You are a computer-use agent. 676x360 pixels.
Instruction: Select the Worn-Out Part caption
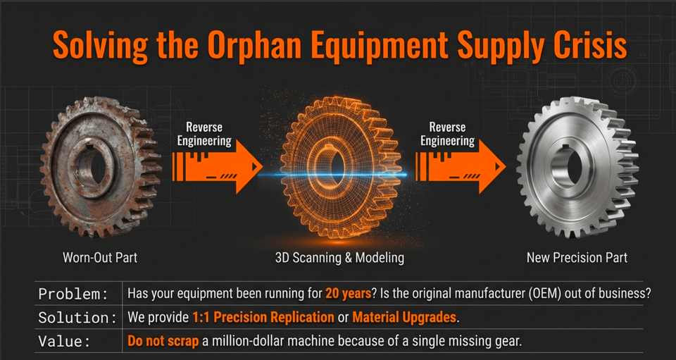[x=100, y=258]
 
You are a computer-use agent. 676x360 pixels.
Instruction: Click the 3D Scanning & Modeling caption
[x=339, y=258]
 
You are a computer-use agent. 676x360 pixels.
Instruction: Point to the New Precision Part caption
[x=577, y=258]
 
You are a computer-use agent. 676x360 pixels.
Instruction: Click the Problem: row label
[x=73, y=294]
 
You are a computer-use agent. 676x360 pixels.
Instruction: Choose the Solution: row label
[x=77, y=318]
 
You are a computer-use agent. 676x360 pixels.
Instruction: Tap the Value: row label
[x=65, y=342]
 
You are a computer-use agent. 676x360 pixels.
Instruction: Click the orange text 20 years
[x=349, y=294]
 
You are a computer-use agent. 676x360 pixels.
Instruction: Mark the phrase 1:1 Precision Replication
[x=263, y=318]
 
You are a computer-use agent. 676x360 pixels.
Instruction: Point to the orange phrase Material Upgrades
[x=404, y=318]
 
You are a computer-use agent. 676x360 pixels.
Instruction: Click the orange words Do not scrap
[x=163, y=342]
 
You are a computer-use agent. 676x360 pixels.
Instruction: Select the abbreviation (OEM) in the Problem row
[x=558, y=294]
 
